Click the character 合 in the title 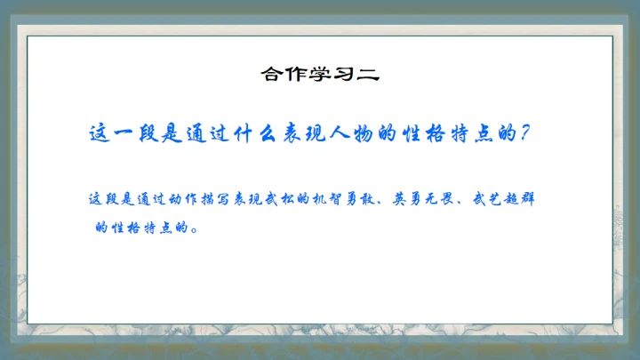point(270,74)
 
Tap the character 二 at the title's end point(367,74)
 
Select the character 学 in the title point(318,74)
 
